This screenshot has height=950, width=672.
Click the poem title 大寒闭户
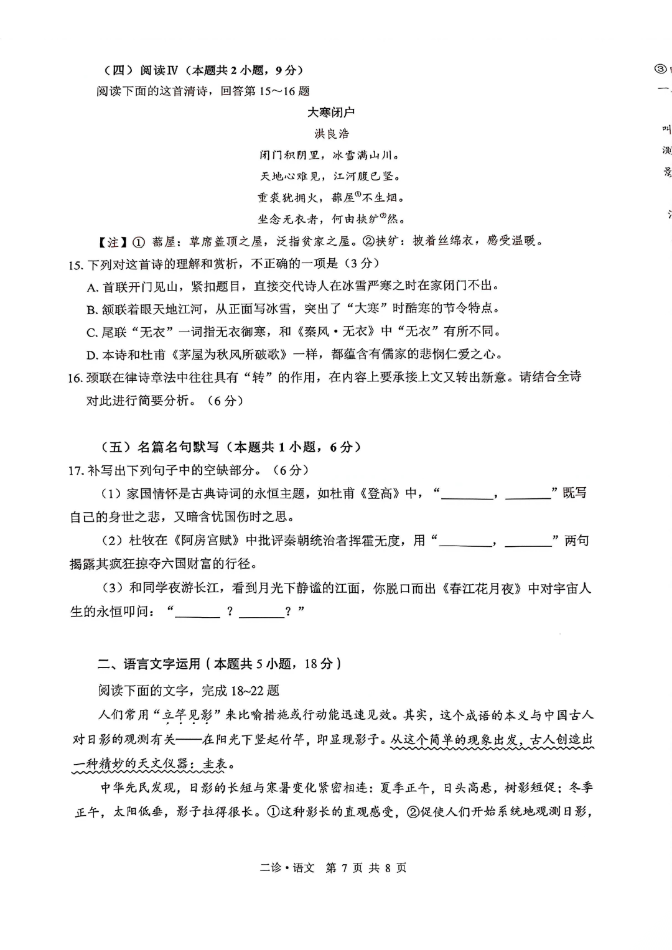click(331, 113)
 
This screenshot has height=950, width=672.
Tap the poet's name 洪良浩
click(332, 134)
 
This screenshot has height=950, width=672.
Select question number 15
click(75, 265)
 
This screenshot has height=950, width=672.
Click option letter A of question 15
click(93, 287)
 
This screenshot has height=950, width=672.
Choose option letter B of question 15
click(92, 310)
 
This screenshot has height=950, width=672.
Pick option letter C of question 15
click(92, 333)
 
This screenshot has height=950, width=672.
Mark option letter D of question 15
click(92, 355)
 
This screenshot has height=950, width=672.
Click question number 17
click(76, 471)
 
